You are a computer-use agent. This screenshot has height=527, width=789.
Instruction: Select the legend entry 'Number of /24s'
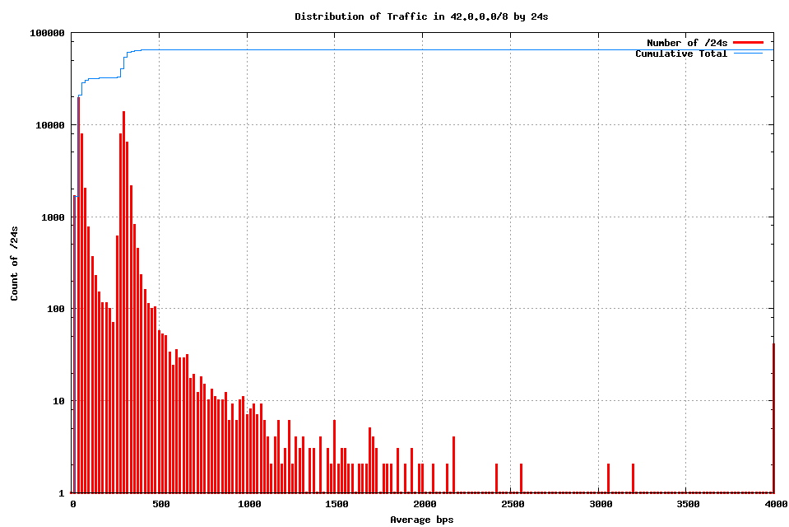pyautogui.click(x=687, y=43)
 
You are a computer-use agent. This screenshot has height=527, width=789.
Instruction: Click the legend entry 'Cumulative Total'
pyautogui.click(x=681, y=54)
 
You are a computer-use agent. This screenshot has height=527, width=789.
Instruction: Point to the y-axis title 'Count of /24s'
pyautogui.click(x=15, y=263)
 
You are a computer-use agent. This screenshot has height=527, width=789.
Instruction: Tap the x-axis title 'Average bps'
pyautogui.click(x=421, y=520)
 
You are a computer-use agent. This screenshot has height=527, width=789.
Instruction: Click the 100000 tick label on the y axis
pyautogui.click(x=47, y=33)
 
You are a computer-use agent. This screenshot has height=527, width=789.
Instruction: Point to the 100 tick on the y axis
pyautogui.click(x=55, y=309)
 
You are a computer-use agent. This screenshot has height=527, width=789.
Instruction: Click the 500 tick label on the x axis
pyautogui.click(x=160, y=504)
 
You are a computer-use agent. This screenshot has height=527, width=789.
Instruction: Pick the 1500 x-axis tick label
pyautogui.click(x=336, y=504)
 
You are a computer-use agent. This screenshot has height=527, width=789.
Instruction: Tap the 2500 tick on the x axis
pyautogui.click(x=512, y=504)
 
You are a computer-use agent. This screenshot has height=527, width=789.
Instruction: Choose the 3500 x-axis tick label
pyautogui.click(x=687, y=504)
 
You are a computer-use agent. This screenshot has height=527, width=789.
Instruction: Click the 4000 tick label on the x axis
pyautogui.click(x=774, y=504)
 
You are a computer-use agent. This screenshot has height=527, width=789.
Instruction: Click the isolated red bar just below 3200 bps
pyautogui.click(x=633, y=478)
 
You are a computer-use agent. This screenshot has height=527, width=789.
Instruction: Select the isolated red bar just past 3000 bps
pyautogui.click(x=608, y=478)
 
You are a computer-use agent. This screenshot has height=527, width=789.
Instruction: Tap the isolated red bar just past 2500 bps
pyautogui.click(x=521, y=478)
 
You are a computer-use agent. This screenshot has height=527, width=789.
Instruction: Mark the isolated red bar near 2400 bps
pyautogui.click(x=496, y=478)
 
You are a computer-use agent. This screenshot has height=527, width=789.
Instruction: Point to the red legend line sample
pyautogui.click(x=749, y=42)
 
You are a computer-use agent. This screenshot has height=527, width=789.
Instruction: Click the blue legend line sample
pyautogui.click(x=749, y=54)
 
